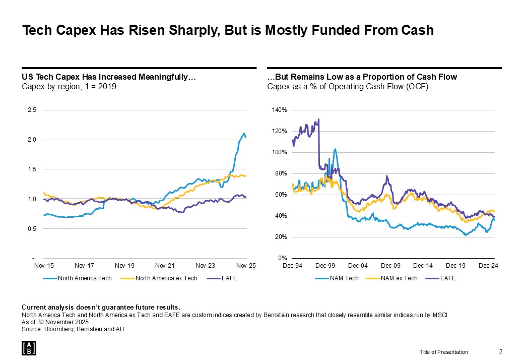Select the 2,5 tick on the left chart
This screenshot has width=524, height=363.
pyautogui.click(x=31, y=110)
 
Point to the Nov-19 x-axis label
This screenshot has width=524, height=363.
pyautogui.click(x=124, y=265)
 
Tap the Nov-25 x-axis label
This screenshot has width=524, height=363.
pyautogui.click(x=245, y=265)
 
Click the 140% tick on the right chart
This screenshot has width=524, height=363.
pyautogui.click(x=280, y=110)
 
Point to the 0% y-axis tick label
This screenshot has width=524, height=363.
pyautogui.click(x=283, y=258)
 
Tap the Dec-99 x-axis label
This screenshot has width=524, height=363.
pyautogui.click(x=325, y=265)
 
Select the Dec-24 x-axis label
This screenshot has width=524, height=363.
pyautogui.click(x=488, y=265)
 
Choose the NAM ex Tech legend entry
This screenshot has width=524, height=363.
pyautogui.click(x=398, y=278)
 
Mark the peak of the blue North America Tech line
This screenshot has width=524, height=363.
pyautogui.click(x=244, y=134)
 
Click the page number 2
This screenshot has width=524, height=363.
pyautogui.click(x=500, y=351)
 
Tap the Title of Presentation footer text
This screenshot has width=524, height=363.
pyautogui.click(x=443, y=352)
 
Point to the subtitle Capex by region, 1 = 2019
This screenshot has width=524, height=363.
pyautogui.click(x=69, y=86)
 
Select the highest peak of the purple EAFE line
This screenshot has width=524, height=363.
pyautogui.click(x=318, y=119)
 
